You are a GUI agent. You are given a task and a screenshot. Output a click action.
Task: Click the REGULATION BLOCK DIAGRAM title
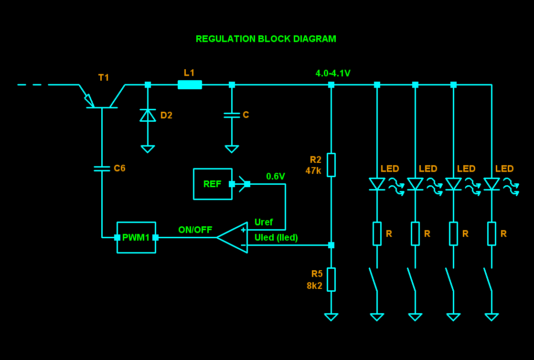[266, 39]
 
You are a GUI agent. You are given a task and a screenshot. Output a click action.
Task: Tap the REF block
[213, 184]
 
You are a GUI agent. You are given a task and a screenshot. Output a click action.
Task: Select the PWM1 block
[136, 237]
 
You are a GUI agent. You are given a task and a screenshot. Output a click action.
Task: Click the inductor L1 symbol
[190, 85]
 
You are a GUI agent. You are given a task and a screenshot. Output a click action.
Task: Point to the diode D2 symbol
[148, 115]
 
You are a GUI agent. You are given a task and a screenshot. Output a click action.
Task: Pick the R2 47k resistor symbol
[331, 165]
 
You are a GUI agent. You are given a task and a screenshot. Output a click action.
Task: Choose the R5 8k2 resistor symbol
[331, 279]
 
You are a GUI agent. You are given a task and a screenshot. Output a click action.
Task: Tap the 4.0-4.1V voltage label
[333, 74]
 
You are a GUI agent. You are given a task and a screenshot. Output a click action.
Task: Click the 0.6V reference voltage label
[276, 176]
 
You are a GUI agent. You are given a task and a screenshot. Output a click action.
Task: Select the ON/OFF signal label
[195, 230]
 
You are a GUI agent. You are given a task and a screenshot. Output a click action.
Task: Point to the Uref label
[264, 222]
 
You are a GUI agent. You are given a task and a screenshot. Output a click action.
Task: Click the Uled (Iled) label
[276, 237]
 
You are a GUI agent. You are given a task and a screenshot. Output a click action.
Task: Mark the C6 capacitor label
[119, 168]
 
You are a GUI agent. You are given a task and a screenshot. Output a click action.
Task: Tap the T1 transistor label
[104, 77]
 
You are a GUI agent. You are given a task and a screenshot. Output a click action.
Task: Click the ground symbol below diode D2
[148, 149]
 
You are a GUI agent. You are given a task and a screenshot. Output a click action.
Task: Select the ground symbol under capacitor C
[232, 149]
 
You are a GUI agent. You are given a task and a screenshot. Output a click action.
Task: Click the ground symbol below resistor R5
[331, 317]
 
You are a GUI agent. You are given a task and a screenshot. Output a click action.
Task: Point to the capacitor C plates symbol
[232, 115]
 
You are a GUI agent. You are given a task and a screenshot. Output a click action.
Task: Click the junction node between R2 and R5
[331, 245]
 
